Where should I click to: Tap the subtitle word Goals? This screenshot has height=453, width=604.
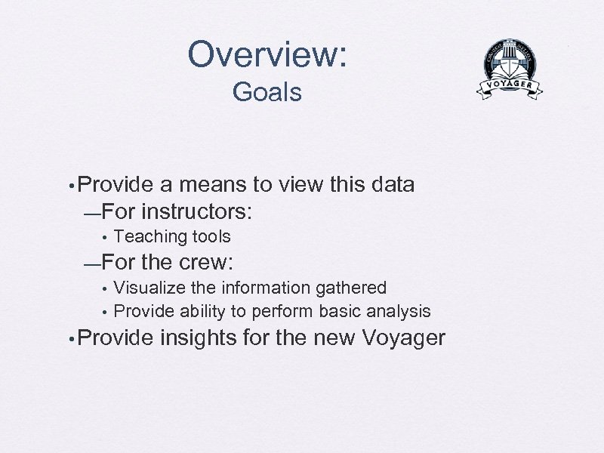pos(267,92)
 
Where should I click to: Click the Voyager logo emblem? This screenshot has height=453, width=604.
pos(510,69)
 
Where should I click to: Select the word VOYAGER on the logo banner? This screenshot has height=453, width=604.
pos(510,85)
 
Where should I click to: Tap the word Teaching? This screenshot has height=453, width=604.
pos(150,236)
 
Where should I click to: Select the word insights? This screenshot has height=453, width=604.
pos(199,337)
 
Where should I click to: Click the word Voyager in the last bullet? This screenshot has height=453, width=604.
pos(404,337)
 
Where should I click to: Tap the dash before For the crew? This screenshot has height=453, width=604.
pos(92,264)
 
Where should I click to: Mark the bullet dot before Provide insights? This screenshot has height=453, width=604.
pos(69,339)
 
